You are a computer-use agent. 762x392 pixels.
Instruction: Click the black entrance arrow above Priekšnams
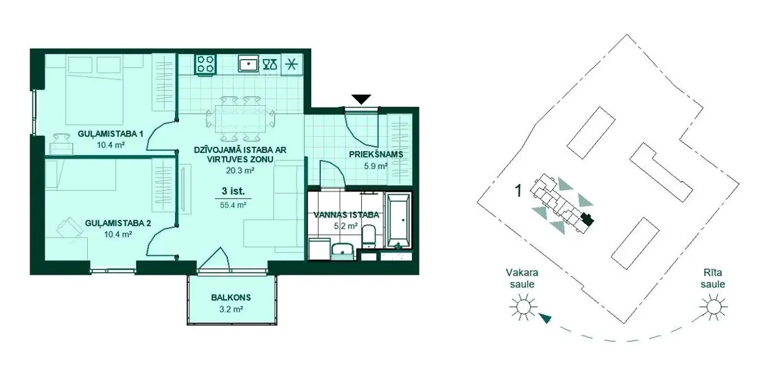tap(362, 99)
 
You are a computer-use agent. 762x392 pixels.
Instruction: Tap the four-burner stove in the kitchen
tap(206, 64)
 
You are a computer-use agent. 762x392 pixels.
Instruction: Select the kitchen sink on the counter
tap(250, 63)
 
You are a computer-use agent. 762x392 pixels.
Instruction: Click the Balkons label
tap(231, 298)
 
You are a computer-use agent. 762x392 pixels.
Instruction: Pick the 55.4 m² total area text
tap(234, 205)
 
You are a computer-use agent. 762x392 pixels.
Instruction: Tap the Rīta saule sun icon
tap(713, 307)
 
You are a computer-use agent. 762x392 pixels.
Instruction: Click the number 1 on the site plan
tap(518, 191)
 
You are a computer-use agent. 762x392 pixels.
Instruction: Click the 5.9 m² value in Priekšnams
tap(376, 165)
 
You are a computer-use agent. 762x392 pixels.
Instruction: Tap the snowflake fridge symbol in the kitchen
tap(292, 64)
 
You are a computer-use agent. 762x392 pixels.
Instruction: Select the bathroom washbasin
tap(344, 249)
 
